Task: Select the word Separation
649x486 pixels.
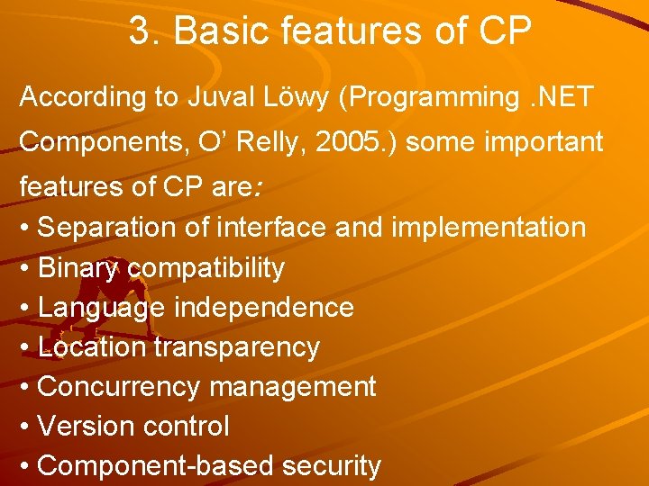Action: pos(107,228)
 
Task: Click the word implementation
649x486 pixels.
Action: pos(488,228)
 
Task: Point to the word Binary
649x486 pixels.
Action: pos(79,267)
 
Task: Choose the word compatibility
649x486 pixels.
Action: pos(206,268)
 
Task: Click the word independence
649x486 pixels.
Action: pos(263,308)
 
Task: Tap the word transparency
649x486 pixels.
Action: pos(237,347)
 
